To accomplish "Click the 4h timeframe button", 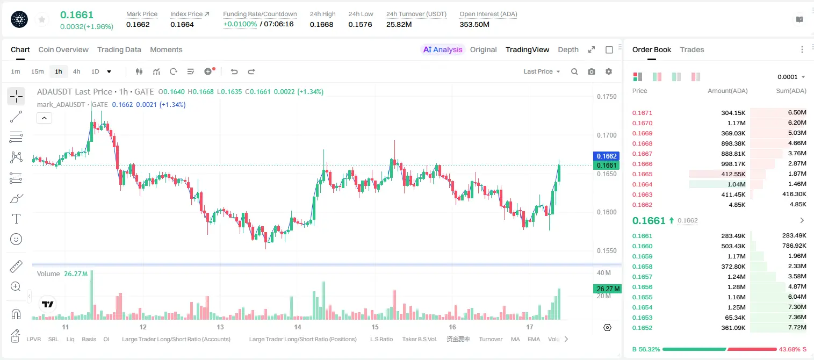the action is [x=76, y=71].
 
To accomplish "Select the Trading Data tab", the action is [x=119, y=49].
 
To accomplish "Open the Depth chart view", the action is [x=568, y=49].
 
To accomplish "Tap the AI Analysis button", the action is [x=443, y=49].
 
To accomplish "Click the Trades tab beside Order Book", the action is [x=692, y=49].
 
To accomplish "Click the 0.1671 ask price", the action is [x=642, y=113].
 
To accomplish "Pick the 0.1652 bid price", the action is [x=642, y=328].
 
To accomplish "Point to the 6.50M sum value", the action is [x=797, y=113].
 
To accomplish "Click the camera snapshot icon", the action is [x=592, y=71].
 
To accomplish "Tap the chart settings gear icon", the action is [x=609, y=71].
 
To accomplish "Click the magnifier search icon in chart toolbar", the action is [x=574, y=71].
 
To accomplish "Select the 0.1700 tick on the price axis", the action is [x=607, y=135].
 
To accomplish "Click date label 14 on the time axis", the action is [x=298, y=327].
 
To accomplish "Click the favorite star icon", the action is [x=42, y=19].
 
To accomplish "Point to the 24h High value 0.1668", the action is [x=321, y=24].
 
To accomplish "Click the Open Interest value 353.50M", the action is [x=474, y=24].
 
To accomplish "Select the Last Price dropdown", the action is [x=542, y=71].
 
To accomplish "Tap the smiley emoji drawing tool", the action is [x=16, y=239].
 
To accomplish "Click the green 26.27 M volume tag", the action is [x=607, y=289].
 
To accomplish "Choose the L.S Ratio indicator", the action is [x=381, y=339].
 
